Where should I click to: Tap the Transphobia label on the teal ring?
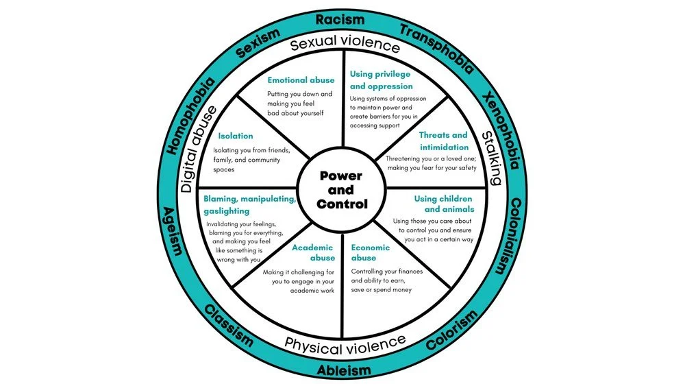click(436, 49)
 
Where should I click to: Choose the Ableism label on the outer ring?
click(343, 370)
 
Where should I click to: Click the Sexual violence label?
click(345, 45)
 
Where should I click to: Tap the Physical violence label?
click(345, 345)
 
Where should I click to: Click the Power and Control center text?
click(341, 190)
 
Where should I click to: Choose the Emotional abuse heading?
click(301, 80)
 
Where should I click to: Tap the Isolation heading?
click(235, 136)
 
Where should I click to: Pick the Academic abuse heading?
click(314, 252)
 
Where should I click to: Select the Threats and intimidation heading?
click(443, 141)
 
